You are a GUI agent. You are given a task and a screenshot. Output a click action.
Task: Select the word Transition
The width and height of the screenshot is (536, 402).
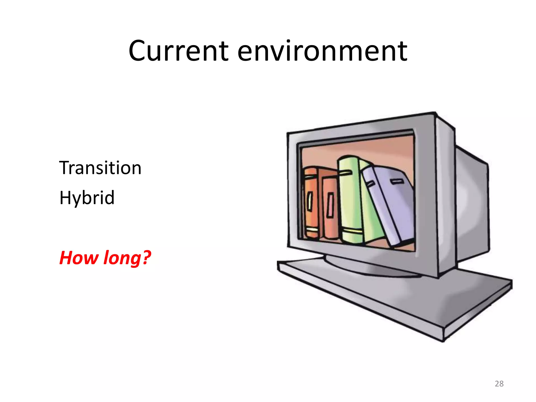[100, 168]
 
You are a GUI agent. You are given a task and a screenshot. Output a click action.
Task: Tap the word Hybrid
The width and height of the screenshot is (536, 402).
[87, 198]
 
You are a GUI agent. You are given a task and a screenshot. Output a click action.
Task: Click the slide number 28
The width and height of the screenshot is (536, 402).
[499, 384]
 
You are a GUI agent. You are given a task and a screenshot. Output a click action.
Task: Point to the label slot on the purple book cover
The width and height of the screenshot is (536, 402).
[395, 181]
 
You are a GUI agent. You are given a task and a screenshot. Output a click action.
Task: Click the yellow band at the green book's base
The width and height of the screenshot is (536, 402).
[352, 231]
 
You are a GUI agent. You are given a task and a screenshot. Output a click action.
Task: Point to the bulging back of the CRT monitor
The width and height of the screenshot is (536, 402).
[471, 204]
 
